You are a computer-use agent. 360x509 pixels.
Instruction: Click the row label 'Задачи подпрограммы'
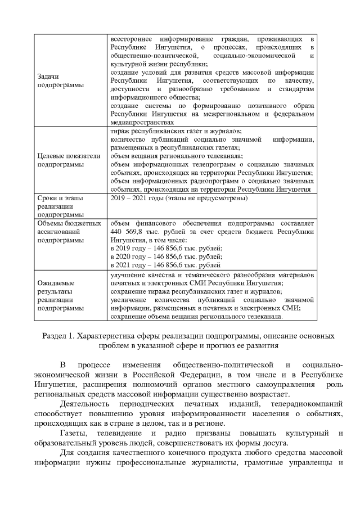56,80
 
